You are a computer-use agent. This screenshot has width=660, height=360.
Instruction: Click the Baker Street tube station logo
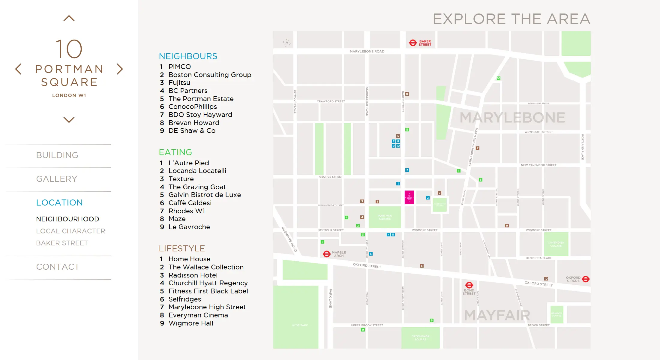pyautogui.click(x=413, y=43)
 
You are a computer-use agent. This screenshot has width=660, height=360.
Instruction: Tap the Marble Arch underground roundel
pyautogui.click(x=326, y=254)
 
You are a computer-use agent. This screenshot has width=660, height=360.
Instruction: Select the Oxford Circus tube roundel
pyautogui.click(x=586, y=279)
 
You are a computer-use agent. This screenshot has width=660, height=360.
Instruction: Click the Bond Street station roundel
pyautogui.click(x=469, y=285)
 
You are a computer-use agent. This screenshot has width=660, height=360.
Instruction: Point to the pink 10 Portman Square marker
pyautogui.click(x=409, y=197)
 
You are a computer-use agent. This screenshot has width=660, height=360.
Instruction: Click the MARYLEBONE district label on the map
pyautogui.click(x=512, y=118)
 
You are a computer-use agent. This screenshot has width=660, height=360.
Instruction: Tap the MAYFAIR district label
pyautogui.click(x=497, y=315)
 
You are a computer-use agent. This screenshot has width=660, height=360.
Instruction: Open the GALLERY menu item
pyautogui.click(x=57, y=179)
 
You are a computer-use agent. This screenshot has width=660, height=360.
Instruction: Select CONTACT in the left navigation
pyautogui.click(x=58, y=267)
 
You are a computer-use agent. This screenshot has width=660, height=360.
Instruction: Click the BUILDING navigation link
pyautogui.click(x=57, y=155)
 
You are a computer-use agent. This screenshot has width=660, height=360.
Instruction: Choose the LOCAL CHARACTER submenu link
pyautogui.click(x=70, y=231)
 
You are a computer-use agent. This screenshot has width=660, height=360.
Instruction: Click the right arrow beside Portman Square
pyautogui.click(x=120, y=69)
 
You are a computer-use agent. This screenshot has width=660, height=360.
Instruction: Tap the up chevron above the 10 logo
pyautogui.click(x=69, y=18)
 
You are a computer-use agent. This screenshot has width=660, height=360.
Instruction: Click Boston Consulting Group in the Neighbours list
pyautogui.click(x=210, y=75)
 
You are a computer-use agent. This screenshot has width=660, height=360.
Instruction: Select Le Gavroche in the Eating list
pyautogui.click(x=189, y=227)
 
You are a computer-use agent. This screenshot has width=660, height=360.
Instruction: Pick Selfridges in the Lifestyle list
pyautogui.click(x=184, y=299)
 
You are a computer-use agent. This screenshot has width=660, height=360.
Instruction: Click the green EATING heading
pyautogui.click(x=175, y=152)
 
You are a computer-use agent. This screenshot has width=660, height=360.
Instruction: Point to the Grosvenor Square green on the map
pyautogui.click(x=420, y=338)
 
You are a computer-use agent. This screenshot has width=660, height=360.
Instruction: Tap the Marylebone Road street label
pyautogui.click(x=367, y=52)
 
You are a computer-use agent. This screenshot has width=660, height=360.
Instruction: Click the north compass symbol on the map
pyautogui.click(x=286, y=43)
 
